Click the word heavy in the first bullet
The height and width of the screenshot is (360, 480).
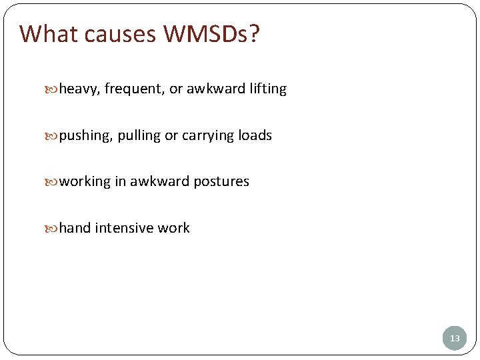point(79,89)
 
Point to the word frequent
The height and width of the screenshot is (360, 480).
point(134,89)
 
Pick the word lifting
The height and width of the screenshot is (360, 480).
point(268,89)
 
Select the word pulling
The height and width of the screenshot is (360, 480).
point(139,136)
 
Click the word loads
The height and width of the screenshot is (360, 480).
point(255,135)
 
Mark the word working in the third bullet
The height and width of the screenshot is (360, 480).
point(85,182)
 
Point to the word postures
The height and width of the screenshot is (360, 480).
point(221,182)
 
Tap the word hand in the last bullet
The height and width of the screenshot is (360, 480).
point(75,228)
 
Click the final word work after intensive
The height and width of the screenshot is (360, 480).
point(174,228)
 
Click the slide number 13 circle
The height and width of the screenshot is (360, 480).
point(455,338)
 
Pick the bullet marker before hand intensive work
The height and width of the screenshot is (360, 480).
point(54,229)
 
